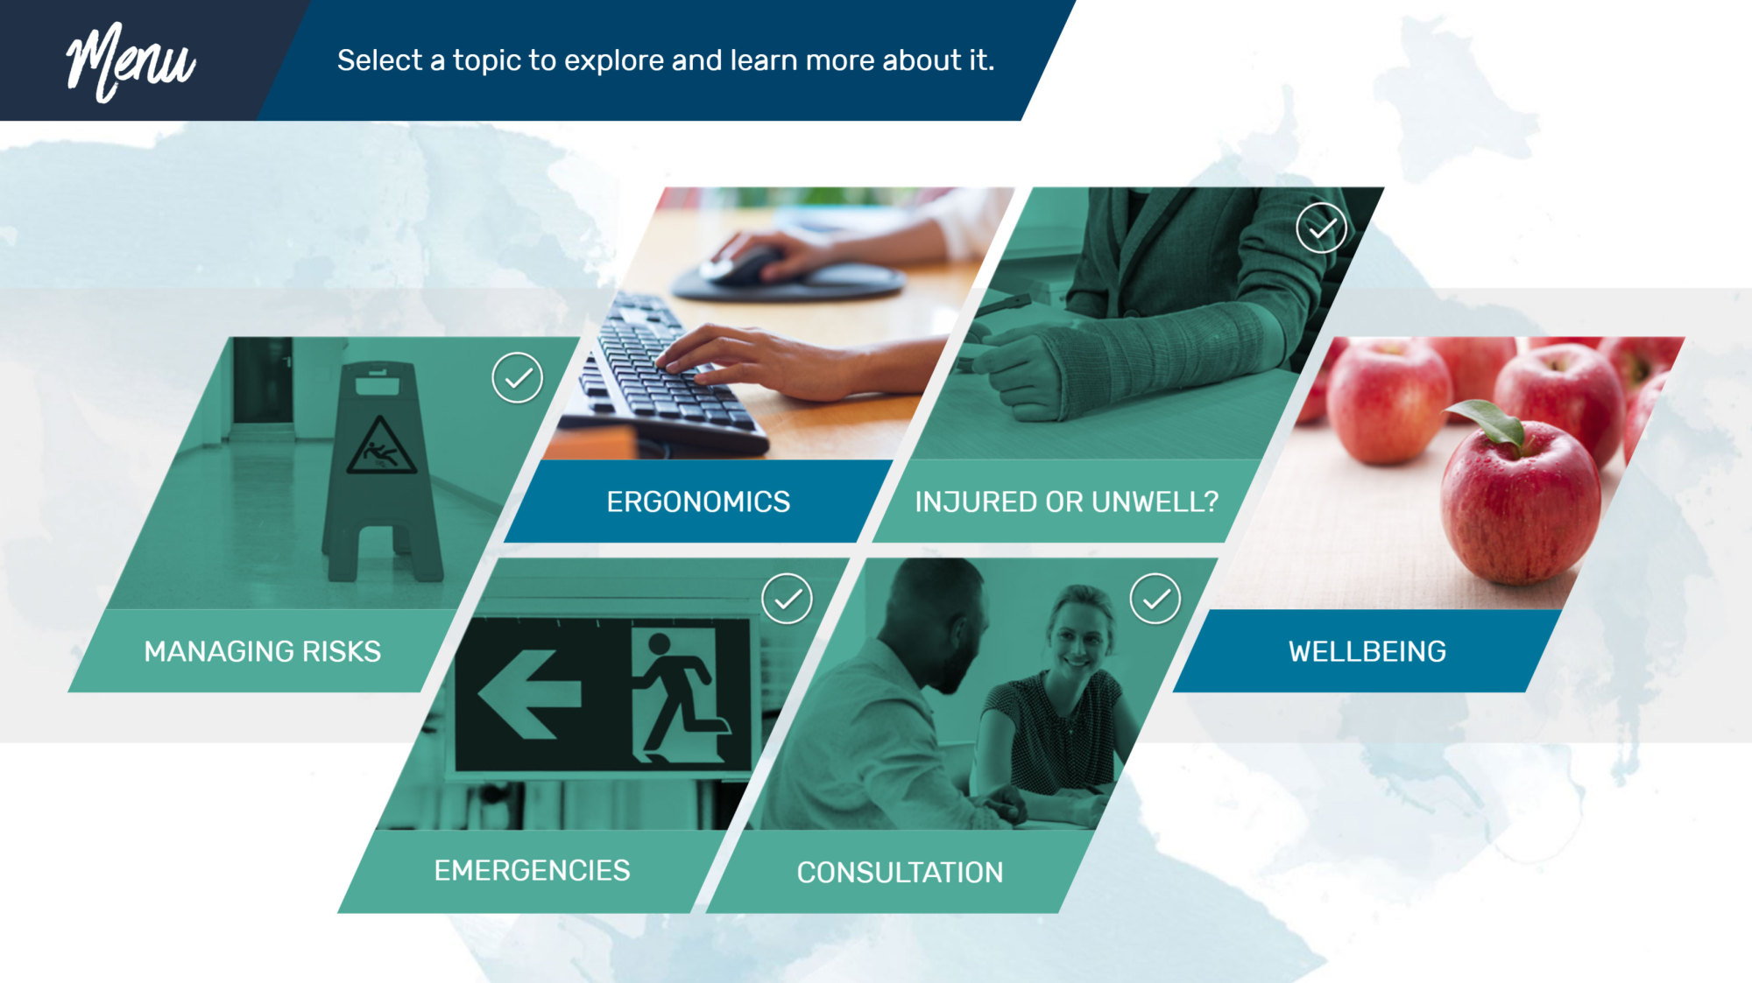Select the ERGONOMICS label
[x=698, y=502]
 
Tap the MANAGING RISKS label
[x=263, y=651]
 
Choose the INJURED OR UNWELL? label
[x=1067, y=502]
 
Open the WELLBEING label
[x=1367, y=651]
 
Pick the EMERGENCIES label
[x=532, y=870]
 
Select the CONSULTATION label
[x=900, y=873]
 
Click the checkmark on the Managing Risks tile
[x=518, y=378]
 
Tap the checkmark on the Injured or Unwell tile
[x=1322, y=228]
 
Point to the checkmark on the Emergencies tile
[x=788, y=599]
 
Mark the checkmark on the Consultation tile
[x=1155, y=599]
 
